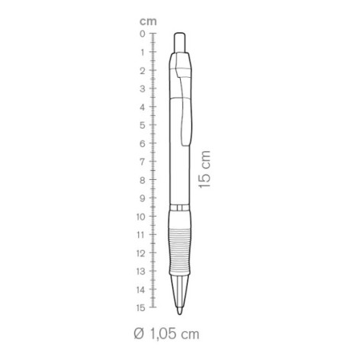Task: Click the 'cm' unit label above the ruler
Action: [x=148, y=22]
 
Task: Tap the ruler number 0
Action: [x=143, y=34]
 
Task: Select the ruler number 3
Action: [x=143, y=88]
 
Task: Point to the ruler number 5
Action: [x=143, y=125]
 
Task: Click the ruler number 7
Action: [x=143, y=162]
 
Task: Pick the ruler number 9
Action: [x=143, y=198]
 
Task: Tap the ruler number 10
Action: [x=140, y=217]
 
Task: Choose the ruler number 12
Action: [x=140, y=253]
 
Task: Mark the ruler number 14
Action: [x=140, y=290]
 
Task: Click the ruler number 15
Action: [x=140, y=308]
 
